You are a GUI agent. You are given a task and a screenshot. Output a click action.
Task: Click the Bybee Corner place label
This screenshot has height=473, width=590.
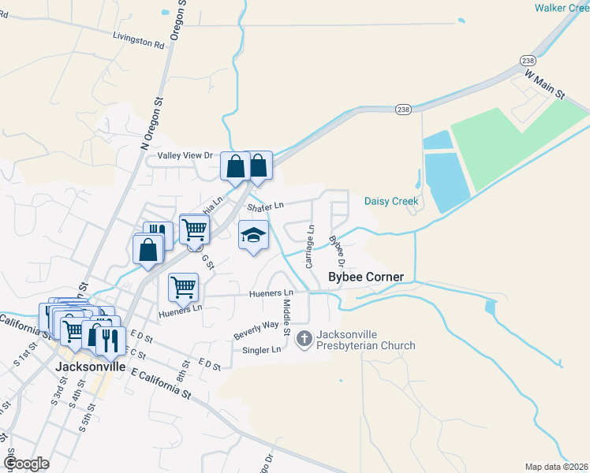tap(366, 277)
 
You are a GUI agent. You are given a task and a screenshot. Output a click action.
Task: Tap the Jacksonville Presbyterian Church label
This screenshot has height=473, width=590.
tap(365, 340)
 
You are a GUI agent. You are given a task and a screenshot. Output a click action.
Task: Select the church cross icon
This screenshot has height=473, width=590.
tap(304, 340)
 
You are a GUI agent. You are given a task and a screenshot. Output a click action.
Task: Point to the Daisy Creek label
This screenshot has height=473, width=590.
tap(390, 201)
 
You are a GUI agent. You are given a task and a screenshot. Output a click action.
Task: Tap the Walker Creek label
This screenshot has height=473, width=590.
tap(562, 8)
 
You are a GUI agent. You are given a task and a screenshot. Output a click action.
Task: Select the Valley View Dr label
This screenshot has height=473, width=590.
tap(185, 155)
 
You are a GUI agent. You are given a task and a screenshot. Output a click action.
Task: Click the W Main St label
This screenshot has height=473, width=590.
tap(546, 83)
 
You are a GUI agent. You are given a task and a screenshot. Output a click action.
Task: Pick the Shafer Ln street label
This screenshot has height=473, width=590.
tap(264, 207)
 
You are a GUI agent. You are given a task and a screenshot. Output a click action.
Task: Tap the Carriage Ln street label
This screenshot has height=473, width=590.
tap(311, 244)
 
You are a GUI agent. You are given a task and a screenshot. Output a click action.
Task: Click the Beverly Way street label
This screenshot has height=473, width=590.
tap(256, 330)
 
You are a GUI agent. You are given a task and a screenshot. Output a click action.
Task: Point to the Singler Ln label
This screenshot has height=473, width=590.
tap(263, 349)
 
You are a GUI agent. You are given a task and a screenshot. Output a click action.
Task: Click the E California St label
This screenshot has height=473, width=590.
tap(162, 384)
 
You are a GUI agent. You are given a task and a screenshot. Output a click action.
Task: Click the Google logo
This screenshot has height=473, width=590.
tap(27, 463)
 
